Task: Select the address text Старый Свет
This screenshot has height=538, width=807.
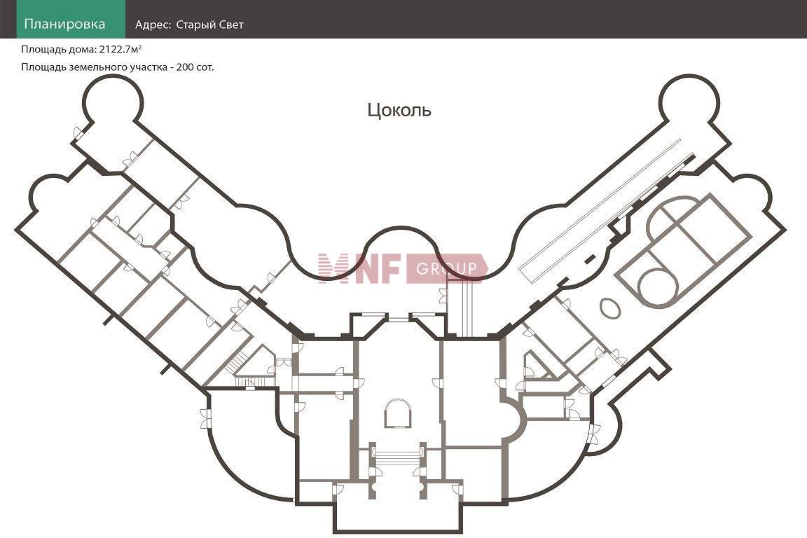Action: point(209,25)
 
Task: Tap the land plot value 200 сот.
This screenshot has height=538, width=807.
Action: point(195,67)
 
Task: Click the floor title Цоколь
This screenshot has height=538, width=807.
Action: point(399,110)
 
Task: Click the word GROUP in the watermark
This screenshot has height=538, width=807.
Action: point(446,268)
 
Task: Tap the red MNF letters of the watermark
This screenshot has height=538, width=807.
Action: point(358,268)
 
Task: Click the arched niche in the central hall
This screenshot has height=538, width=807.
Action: point(398,413)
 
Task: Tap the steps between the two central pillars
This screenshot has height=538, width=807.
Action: point(397,457)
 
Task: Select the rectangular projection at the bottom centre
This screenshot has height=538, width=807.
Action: point(398,516)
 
